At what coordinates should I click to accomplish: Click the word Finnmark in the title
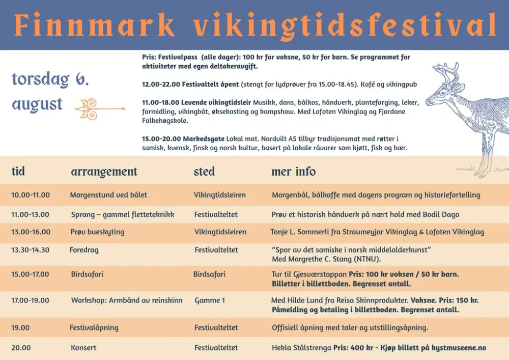94,25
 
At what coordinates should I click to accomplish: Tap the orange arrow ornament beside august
100,109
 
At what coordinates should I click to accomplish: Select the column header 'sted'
204,172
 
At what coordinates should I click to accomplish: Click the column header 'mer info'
294,172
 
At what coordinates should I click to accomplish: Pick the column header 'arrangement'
104,172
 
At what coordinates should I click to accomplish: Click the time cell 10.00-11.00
31,195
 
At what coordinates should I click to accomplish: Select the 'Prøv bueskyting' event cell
97,232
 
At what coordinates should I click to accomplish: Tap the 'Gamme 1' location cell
210,300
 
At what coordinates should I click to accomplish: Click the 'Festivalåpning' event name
94,328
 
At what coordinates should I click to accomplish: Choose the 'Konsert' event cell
84,348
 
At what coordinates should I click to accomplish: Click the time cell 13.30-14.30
31,250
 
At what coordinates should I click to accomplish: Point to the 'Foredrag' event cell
84,251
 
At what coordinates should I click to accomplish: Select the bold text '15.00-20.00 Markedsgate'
183,139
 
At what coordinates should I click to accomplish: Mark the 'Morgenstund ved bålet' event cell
108,195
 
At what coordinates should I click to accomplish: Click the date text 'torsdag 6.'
50,79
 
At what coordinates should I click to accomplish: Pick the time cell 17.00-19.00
30,300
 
